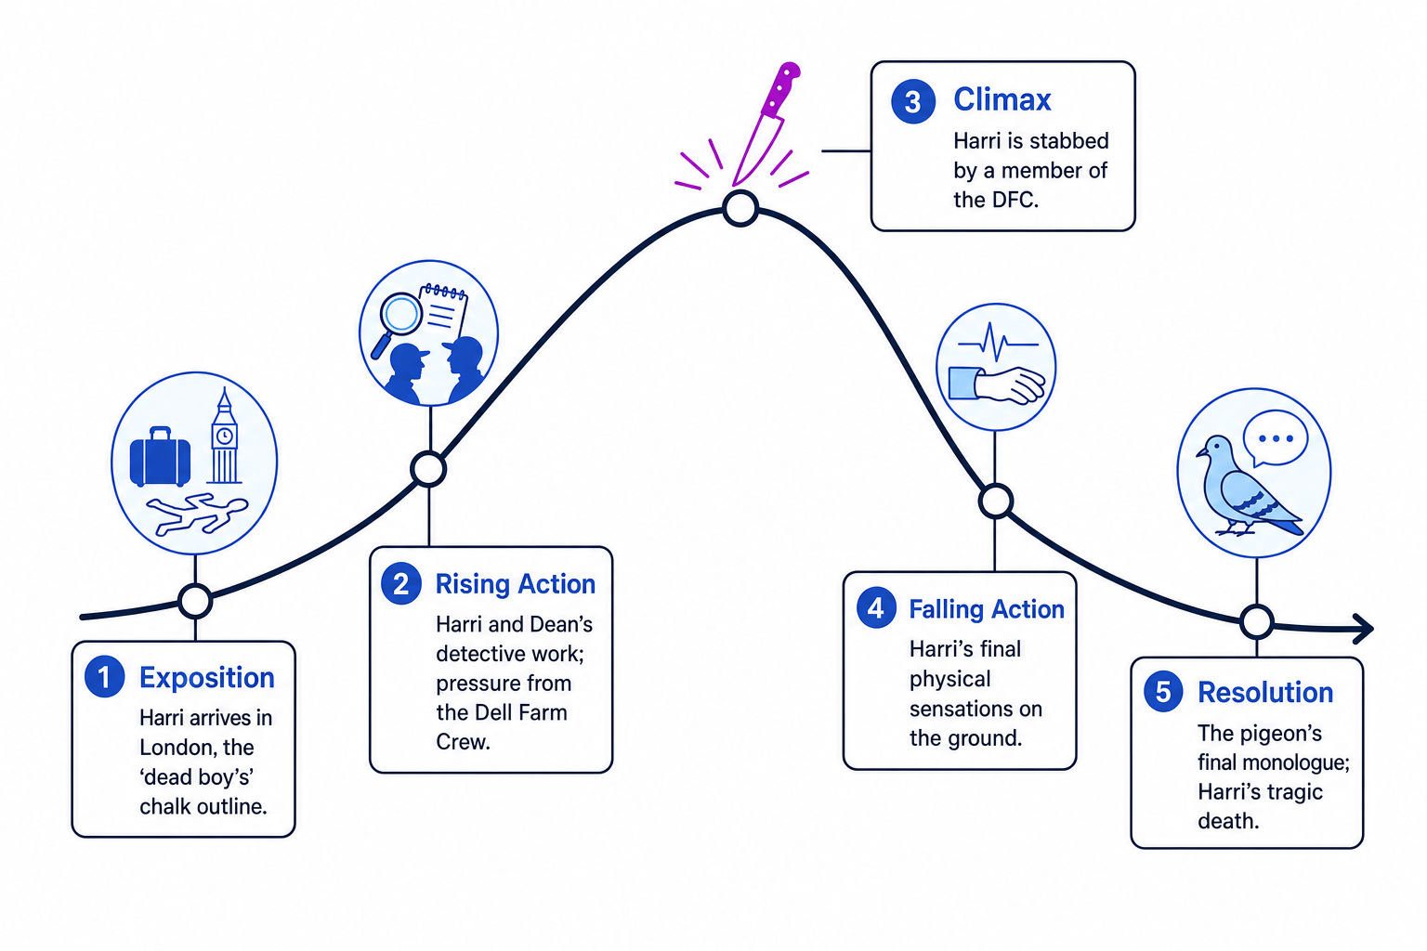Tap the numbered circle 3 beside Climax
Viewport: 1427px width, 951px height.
click(x=913, y=101)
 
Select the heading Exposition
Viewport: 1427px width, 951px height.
click(x=207, y=678)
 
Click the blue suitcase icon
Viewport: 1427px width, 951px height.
click(x=160, y=457)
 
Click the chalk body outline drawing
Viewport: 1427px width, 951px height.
click(x=197, y=515)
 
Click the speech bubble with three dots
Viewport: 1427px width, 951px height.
click(x=1276, y=439)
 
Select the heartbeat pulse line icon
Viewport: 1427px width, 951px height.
click(x=999, y=343)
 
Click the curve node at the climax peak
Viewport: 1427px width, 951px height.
click(x=740, y=208)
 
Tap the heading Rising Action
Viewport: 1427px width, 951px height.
click(x=516, y=584)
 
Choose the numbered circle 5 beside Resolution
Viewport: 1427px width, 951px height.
click(x=1163, y=691)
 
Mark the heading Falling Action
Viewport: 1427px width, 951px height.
click(x=986, y=609)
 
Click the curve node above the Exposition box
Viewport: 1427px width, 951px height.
click(x=195, y=601)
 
